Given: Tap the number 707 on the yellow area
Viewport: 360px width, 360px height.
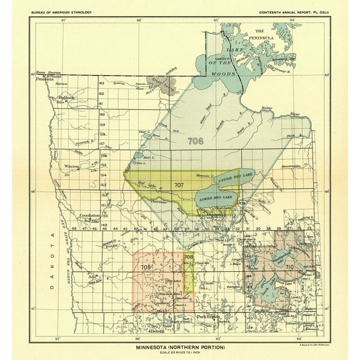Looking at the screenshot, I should [179, 185].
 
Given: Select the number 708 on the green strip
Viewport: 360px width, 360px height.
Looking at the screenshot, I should [189, 257].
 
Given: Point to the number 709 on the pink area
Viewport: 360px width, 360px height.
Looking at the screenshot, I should [146, 267].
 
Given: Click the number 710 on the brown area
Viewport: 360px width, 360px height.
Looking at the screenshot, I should [289, 267].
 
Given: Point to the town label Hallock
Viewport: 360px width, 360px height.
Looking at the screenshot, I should [67, 98].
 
